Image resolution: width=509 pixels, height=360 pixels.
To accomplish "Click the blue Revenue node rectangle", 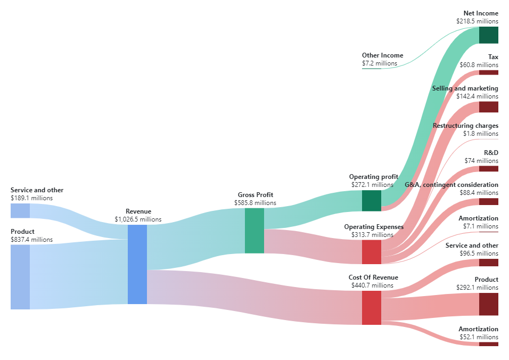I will pyautogui.click(x=137, y=264).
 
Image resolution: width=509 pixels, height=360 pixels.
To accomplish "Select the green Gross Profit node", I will pyautogui.click(x=254, y=231).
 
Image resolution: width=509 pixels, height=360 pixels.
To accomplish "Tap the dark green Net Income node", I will pyautogui.click(x=488, y=35).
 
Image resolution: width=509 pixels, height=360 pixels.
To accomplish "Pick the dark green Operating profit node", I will pyautogui.click(x=371, y=201).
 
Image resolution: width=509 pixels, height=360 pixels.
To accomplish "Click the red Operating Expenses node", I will pyautogui.click(x=371, y=252).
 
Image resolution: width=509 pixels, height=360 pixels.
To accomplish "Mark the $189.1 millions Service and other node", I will pyautogui.click(x=20, y=210).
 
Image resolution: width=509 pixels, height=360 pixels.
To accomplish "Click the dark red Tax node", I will pyautogui.click(x=488, y=72).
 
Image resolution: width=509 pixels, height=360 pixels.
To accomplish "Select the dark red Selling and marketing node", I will pyautogui.click(x=488, y=107).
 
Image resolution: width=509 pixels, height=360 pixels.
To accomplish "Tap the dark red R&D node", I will pyautogui.click(x=488, y=169).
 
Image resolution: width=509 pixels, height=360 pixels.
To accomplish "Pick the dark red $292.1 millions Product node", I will pyautogui.click(x=488, y=304).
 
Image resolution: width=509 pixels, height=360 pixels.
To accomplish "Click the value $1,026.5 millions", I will pyautogui.click(x=138, y=219).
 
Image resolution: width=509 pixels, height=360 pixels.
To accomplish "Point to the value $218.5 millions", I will pyautogui.click(x=477, y=21).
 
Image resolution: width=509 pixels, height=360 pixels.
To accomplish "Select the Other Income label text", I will pyautogui.click(x=382, y=55).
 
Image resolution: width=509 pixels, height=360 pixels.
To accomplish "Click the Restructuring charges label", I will pyautogui.click(x=465, y=126).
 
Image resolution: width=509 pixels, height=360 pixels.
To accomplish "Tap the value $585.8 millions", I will pyautogui.click(x=255, y=203).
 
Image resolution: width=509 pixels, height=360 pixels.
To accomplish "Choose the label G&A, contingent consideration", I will pyautogui.click(x=451, y=185).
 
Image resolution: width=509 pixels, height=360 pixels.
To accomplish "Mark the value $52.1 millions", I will pyautogui.click(x=479, y=337).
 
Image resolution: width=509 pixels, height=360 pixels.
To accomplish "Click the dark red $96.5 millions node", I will pyautogui.click(x=488, y=263).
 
